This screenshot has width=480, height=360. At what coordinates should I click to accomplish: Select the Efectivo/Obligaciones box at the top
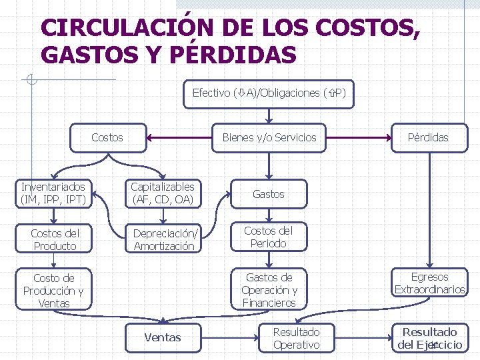coord(269,93)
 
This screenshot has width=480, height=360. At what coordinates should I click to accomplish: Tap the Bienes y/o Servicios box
coord(269,137)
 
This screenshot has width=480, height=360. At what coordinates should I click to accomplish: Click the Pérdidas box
coord(428,137)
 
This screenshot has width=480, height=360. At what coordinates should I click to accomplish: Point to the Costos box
coord(107,137)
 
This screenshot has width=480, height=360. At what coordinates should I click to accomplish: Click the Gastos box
coord(268,194)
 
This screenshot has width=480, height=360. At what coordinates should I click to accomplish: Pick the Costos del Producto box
coord(54,239)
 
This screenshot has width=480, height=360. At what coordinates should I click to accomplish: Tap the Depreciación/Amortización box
coord(163,239)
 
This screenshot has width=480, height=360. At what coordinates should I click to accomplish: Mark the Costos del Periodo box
coord(268,237)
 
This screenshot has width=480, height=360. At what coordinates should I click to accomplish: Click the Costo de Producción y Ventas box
coord(54,290)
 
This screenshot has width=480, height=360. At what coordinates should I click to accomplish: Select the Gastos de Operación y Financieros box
coord(268,290)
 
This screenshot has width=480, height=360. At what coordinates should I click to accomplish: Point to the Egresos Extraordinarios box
coord(429,283)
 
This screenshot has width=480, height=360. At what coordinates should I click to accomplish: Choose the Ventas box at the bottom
coord(163,337)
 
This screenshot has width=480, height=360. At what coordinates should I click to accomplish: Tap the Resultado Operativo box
coord(296,338)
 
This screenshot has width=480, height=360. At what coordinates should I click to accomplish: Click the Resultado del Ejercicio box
coord(429,338)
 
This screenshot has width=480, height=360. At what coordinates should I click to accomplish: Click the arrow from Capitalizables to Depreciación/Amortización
coord(163,214)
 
